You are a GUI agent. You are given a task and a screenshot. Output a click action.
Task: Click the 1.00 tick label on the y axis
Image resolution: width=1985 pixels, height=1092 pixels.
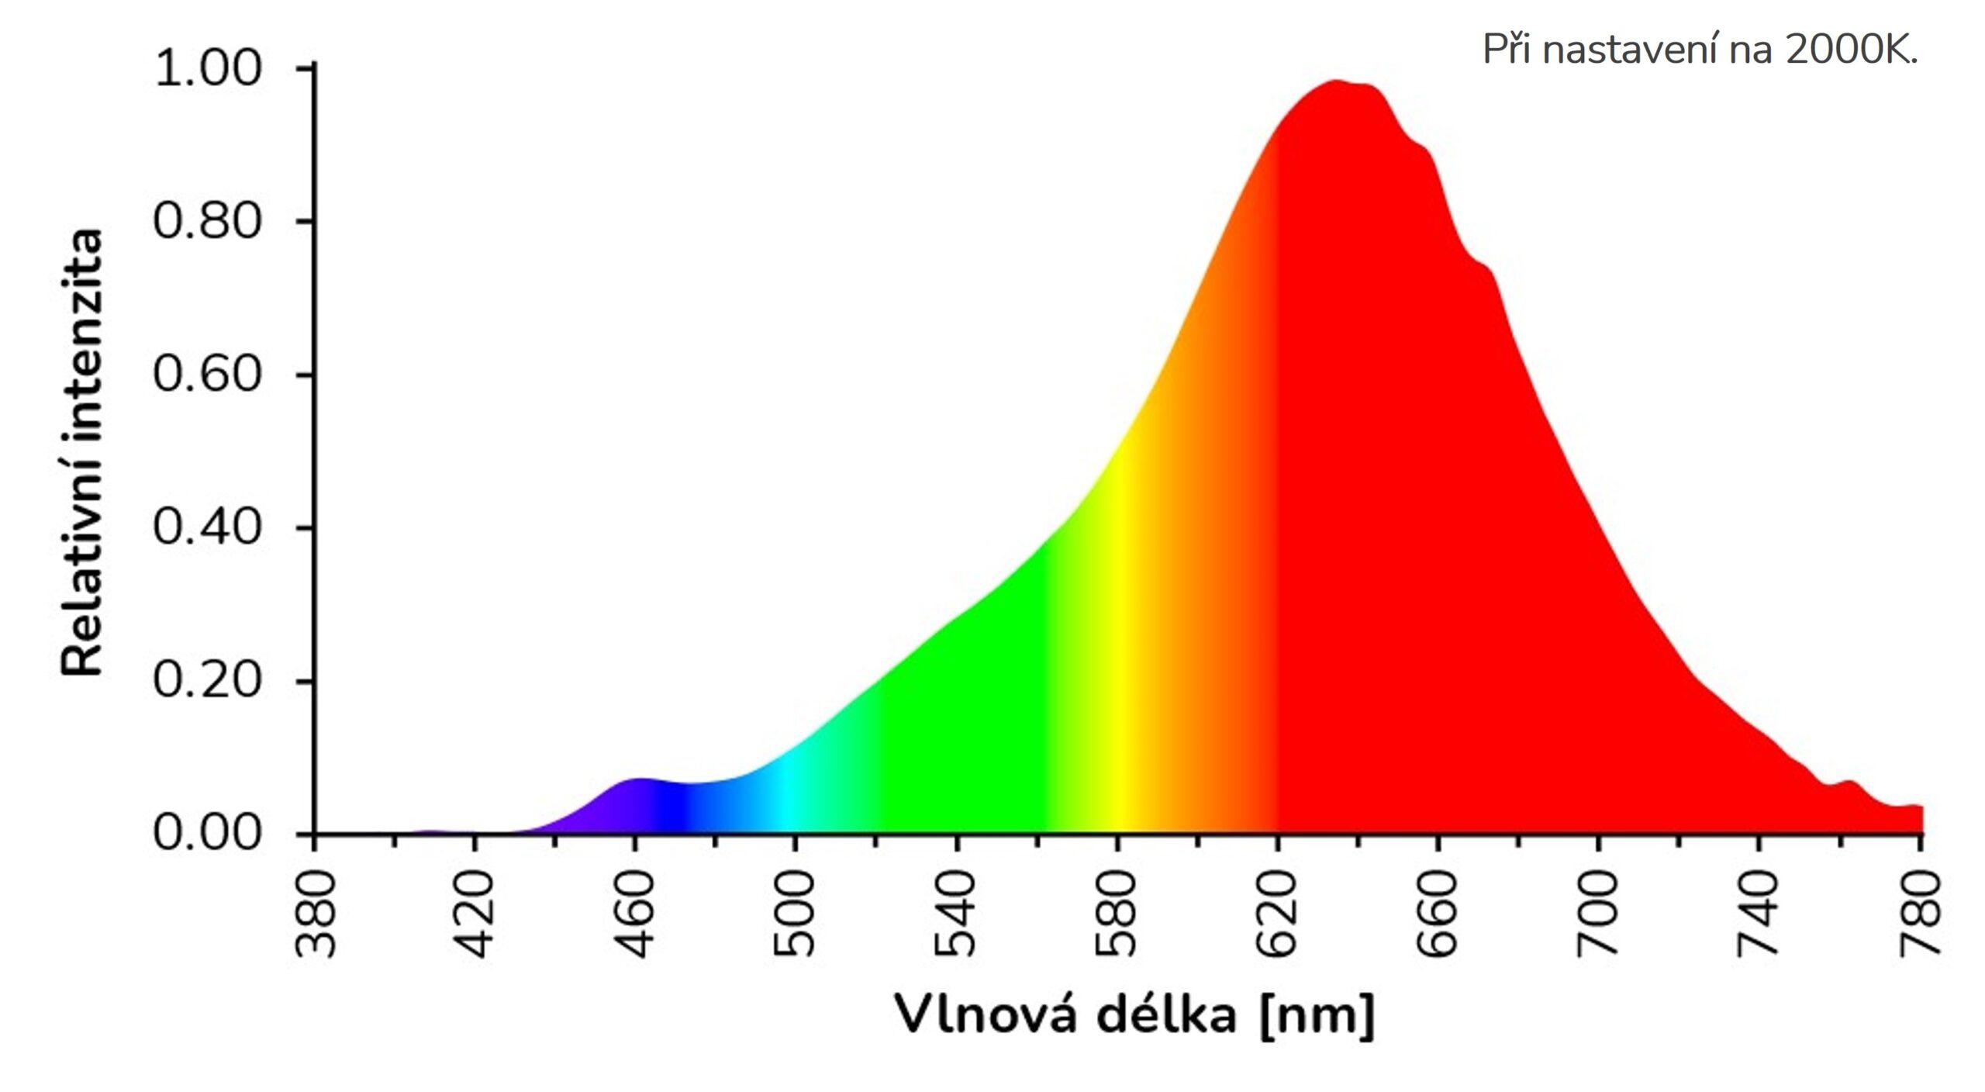click(207, 68)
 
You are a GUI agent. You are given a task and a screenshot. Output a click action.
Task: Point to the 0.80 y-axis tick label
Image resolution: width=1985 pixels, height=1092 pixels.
click(207, 221)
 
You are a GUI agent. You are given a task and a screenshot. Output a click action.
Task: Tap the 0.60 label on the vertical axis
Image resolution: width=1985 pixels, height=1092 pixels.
click(207, 374)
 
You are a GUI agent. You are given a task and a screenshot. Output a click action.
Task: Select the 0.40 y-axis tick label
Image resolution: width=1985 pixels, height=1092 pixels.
click(207, 527)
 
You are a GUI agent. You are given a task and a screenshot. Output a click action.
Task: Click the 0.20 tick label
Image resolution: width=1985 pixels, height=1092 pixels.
click(207, 680)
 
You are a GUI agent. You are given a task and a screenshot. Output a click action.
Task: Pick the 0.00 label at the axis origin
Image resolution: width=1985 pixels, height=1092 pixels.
click(207, 833)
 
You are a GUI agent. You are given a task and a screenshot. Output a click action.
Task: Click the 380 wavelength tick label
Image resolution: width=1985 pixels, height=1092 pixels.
click(316, 914)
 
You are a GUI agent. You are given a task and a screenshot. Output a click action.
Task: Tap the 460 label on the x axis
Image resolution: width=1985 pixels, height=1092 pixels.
click(636, 914)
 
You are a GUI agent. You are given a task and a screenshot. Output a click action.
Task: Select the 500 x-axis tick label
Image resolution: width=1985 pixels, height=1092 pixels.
click(796, 914)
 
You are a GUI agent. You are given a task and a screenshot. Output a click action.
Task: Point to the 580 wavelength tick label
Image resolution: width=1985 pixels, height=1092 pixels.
click(1116, 914)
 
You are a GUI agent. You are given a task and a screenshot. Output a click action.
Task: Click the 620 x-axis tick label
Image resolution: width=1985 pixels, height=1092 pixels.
click(1276, 914)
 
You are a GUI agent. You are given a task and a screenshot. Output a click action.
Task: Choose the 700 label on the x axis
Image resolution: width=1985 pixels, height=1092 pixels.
click(1597, 914)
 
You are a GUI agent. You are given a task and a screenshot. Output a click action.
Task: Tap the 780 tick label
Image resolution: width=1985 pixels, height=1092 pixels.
click(1920, 914)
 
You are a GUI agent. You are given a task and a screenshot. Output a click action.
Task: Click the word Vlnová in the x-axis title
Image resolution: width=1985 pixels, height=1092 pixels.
click(985, 1014)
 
